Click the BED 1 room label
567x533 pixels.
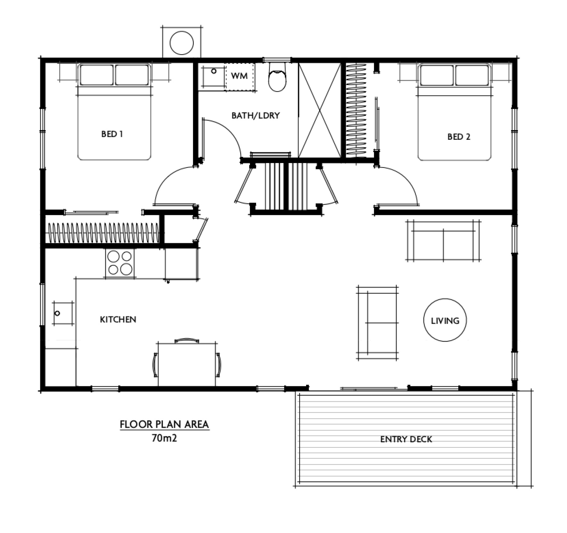point(112,134)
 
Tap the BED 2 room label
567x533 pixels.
point(459,137)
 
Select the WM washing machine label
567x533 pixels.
point(239,76)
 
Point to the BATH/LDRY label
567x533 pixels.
point(255,116)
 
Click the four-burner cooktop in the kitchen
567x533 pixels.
point(120,263)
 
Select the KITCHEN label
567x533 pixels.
point(118,320)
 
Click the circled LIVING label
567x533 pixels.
point(445,320)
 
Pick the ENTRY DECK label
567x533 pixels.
point(406,439)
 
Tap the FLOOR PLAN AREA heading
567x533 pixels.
point(164,424)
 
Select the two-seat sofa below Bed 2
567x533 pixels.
point(443,241)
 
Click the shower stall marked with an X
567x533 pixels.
point(319,110)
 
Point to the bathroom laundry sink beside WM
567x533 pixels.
point(212,77)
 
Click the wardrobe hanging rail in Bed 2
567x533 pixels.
point(357,110)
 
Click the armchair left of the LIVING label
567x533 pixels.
point(377,323)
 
